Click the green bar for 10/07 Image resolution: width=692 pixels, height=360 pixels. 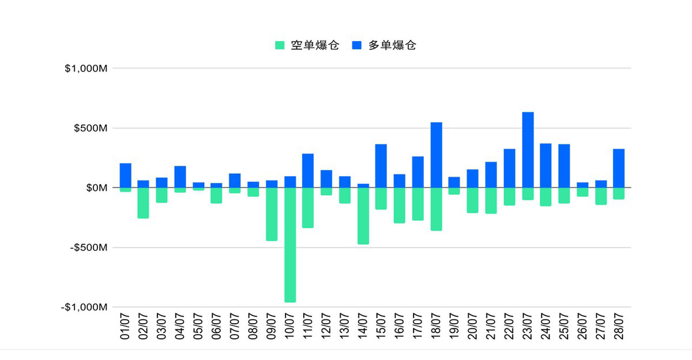click(x=290, y=245)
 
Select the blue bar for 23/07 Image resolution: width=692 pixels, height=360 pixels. click(x=528, y=150)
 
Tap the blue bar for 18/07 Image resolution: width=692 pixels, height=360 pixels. click(x=437, y=155)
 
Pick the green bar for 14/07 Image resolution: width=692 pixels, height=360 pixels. click(x=363, y=216)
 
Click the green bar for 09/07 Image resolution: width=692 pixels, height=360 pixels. click(x=272, y=214)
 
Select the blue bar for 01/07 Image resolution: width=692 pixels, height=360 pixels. click(x=125, y=175)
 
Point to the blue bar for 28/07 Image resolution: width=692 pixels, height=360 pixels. click(x=619, y=168)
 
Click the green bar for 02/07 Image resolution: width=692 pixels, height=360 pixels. click(x=144, y=202)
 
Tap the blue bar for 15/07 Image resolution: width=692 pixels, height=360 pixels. click(x=381, y=166)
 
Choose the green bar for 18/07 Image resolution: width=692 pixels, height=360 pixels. click(x=437, y=209)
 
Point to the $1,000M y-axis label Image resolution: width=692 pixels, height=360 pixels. click(x=86, y=69)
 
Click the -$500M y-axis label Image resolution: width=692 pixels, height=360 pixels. click(x=89, y=247)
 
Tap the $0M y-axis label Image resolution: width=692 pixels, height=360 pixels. click(x=96, y=188)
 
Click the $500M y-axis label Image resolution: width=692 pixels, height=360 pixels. click(x=91, y=128)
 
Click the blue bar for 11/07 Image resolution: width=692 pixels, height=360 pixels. click(x=309, y=171)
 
